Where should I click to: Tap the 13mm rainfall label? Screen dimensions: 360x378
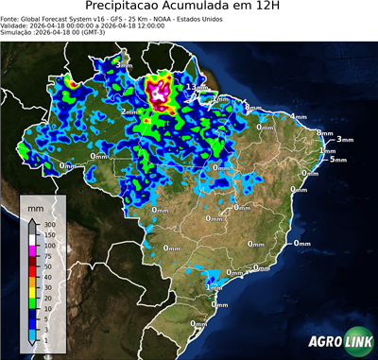pyautogui.click(x=197, y=87)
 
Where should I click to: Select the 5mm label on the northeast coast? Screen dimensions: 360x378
pyautogui.click(x=337, y=159)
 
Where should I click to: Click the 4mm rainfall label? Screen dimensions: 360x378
pyautogui.click(x=299, y=116)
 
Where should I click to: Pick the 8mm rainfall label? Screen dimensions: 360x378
pyautogui.click(x=251, y=108)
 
